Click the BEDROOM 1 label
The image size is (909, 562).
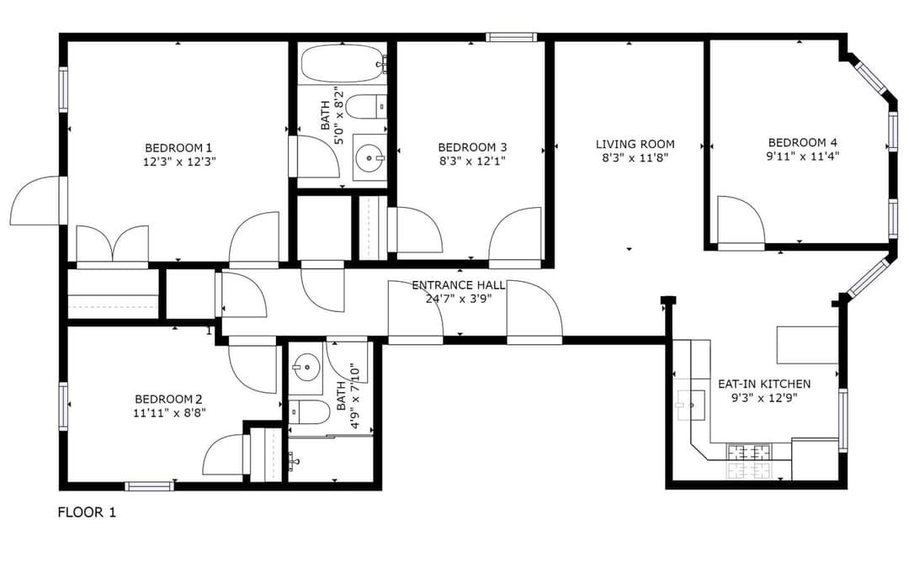[178, 147]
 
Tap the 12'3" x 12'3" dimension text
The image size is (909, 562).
[178, 162]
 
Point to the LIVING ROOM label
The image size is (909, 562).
[635, 144]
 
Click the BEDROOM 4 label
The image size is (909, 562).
[802, 142]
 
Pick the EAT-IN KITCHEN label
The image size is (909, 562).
[763, 384]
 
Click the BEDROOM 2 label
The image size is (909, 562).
[169, 399]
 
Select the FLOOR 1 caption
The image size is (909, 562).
[87, 512]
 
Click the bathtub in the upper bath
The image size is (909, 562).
[342, 64]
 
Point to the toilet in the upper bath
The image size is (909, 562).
[366, 107]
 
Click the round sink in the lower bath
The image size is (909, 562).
[306, 367]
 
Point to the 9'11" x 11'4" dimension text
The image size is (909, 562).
[802, 156]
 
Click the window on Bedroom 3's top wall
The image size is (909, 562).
[511, 37]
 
